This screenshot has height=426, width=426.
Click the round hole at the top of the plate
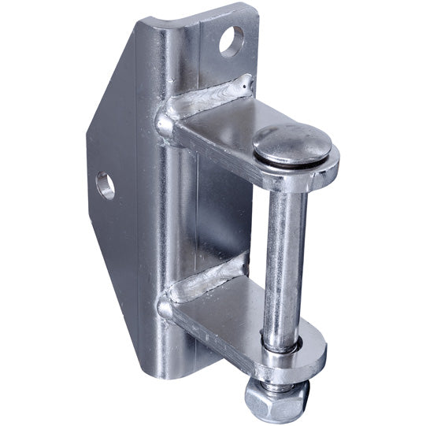pyautogui.click(x=232, y=40)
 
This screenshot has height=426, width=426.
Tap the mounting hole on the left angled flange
pyautogui.click(x=105, y=186)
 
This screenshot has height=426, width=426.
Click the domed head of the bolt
pyautogui.click(x=291, y=143)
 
